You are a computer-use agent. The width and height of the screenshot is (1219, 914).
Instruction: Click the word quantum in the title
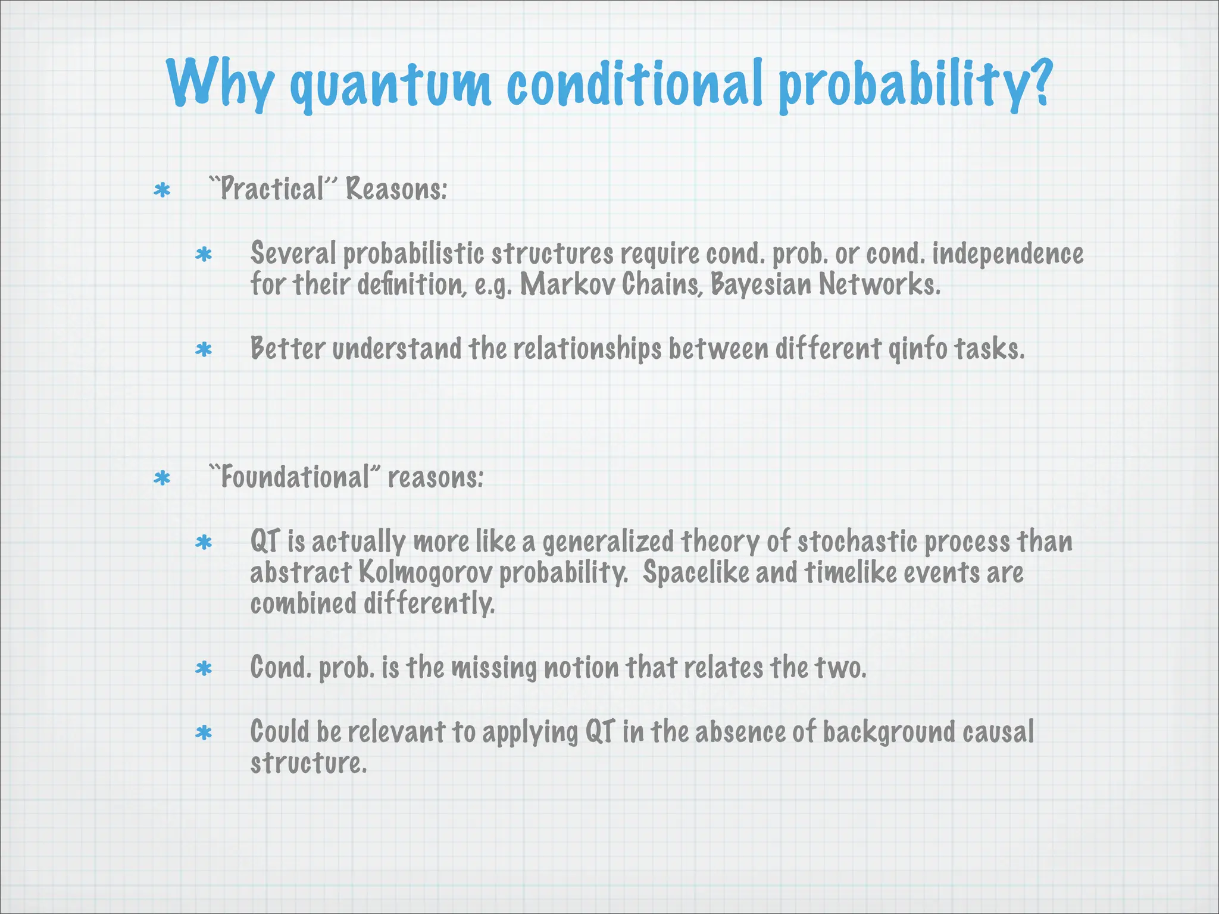point(390,86)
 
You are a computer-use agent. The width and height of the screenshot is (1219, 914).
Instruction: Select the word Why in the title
point(220,83)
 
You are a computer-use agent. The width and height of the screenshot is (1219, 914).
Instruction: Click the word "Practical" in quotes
point(273,189)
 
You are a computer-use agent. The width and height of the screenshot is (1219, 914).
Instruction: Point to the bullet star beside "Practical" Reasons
point(162,190)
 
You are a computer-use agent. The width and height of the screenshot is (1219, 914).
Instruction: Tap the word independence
point(1007,253)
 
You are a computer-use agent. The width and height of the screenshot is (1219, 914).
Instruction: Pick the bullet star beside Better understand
point(204,350)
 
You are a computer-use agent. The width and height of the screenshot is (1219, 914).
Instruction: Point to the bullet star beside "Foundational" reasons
point(162,478)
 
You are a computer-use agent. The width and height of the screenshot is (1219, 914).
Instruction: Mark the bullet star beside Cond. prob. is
point(204,669)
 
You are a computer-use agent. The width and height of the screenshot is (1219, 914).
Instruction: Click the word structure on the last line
point(307,763)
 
